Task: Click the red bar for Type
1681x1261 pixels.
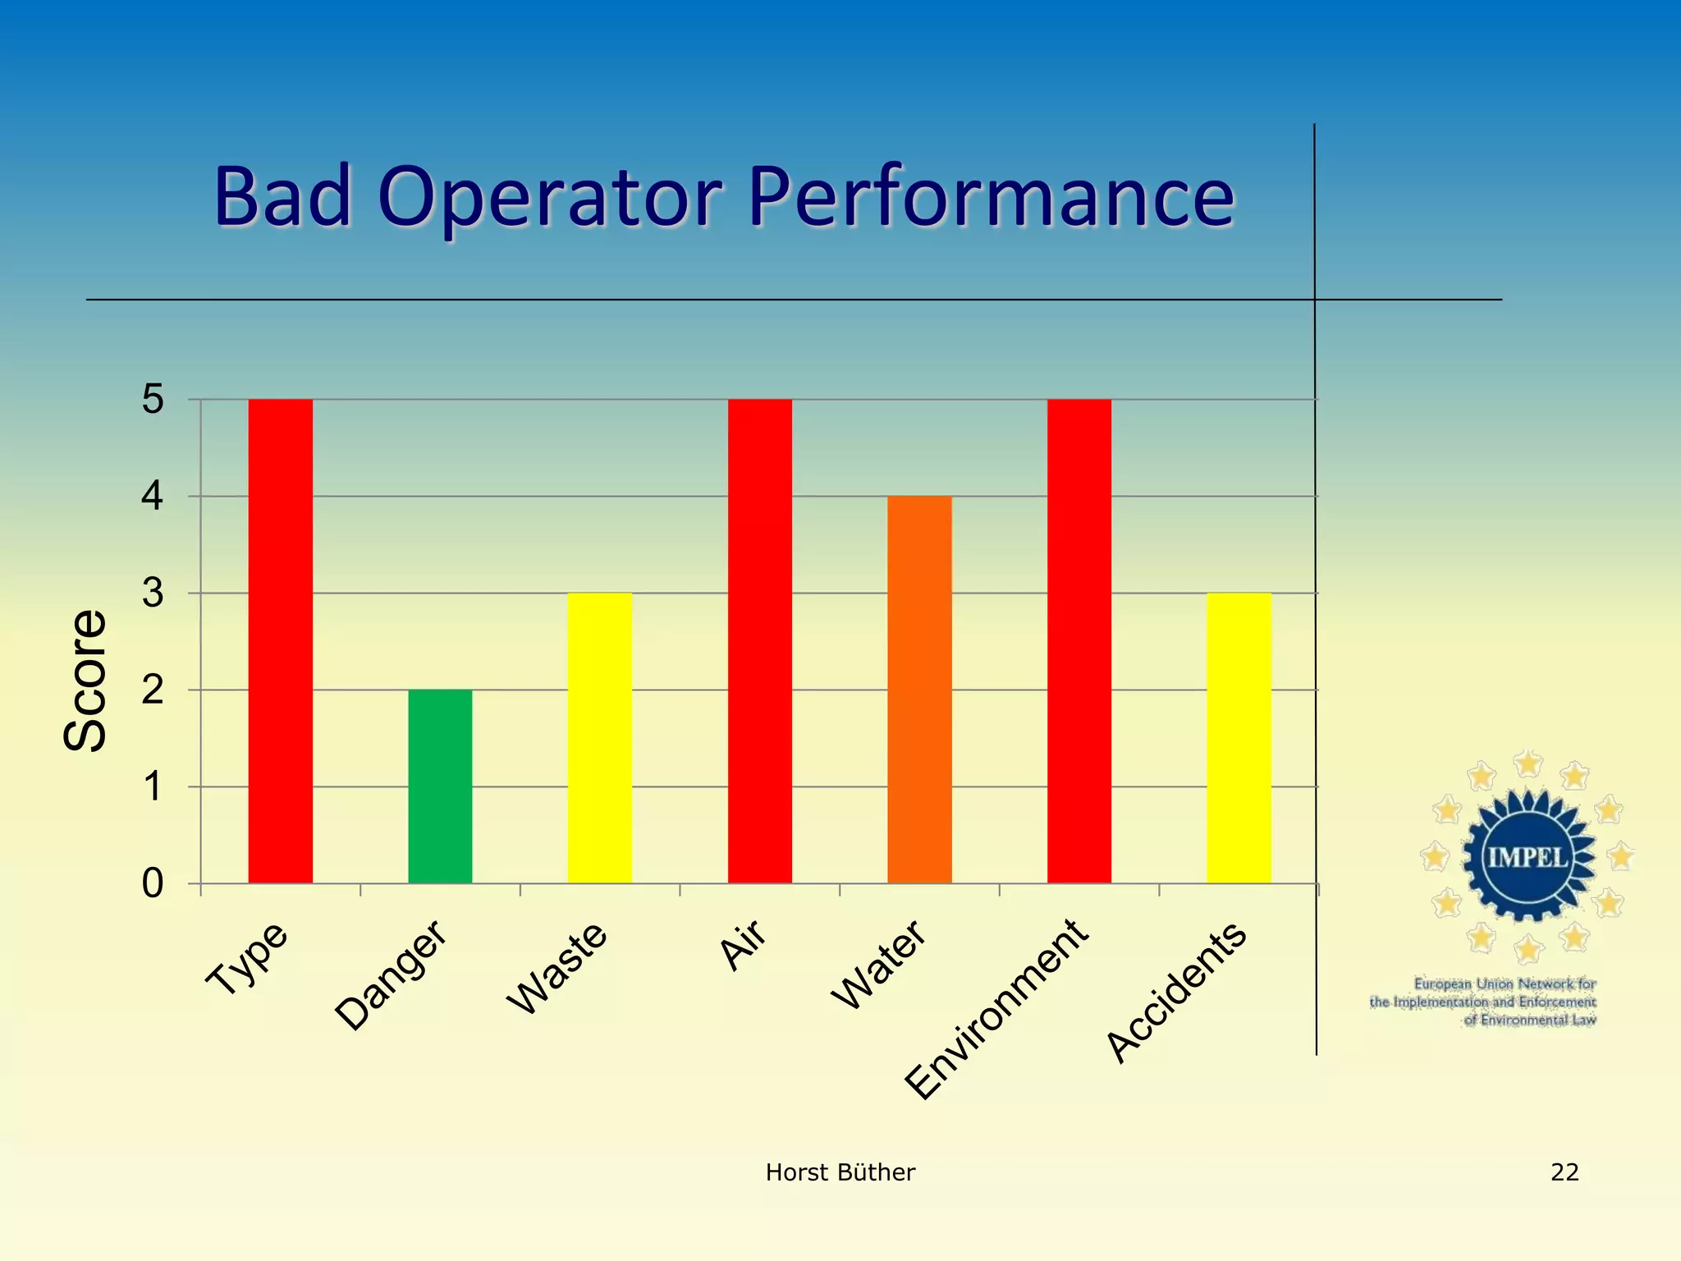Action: tap(280, 640)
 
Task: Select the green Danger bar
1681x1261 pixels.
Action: tap(440, 786)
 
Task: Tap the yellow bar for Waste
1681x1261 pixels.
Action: tap(599, 737)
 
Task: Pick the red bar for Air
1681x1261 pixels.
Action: tap(759, 640)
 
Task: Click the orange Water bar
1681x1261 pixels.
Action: tap(919, 690)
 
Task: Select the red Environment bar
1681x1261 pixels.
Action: tap(1079, 640)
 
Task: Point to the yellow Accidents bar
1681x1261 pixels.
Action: tap(1239, 737)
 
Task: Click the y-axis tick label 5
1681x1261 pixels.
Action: tap(153, 400)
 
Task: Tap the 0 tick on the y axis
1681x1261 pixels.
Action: tap(153, 884)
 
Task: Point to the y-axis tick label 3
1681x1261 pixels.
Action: tap(153, 594)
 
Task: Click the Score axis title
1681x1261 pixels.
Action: tap(85, 681)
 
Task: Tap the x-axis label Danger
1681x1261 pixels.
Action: tap(391, 975)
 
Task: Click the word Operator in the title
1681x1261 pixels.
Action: tap(549, 197)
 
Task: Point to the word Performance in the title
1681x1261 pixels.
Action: tap(991, 197)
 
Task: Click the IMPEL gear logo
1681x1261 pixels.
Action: tap(1527, 857)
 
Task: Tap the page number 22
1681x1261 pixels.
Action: tap(1564, 1172)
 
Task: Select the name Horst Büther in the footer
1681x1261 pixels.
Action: tap(840, 1172)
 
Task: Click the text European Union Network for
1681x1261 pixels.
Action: tap(1505, 984)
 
